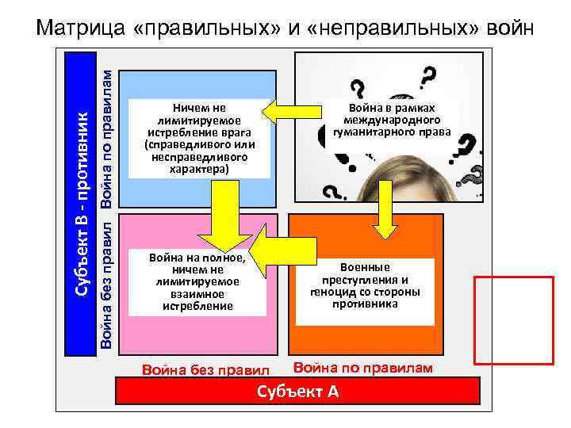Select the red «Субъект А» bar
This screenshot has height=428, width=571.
coord(297,391)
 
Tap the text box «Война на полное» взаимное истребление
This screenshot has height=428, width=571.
coord(197,282)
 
